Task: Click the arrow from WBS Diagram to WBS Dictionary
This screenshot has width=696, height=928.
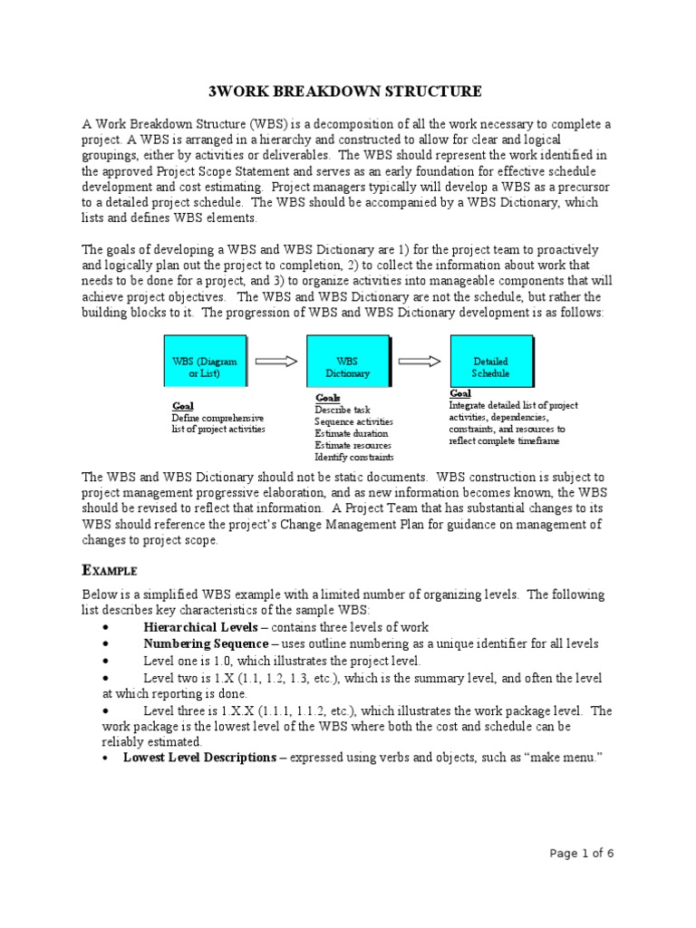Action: [x=276, y=361]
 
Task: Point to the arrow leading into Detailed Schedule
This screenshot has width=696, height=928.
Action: [x=420, y=361]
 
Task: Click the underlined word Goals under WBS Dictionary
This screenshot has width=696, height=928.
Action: [x=327, y=398]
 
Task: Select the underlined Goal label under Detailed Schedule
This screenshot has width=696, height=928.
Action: [x=459, y=393]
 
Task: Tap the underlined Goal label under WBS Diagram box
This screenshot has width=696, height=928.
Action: [x=182, y=405]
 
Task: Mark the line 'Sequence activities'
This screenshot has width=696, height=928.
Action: [x=353, y=421]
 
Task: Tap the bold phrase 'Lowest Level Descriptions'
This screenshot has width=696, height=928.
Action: [x=199, y=757]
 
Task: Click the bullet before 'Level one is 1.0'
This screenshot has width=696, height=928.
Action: [x=107, y=662]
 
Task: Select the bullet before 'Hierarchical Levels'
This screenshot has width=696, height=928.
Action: [x=107, y=628]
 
